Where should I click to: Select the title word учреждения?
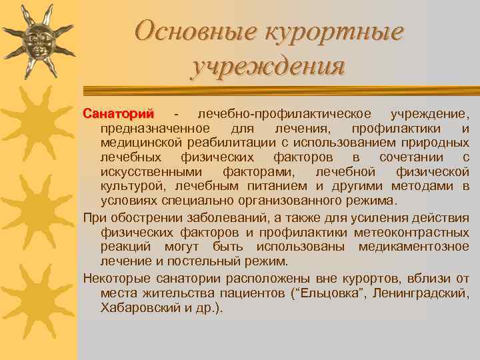pyautogui.click(x=268, y=67)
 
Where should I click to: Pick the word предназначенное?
pyautogui.click(x=155, y=128)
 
